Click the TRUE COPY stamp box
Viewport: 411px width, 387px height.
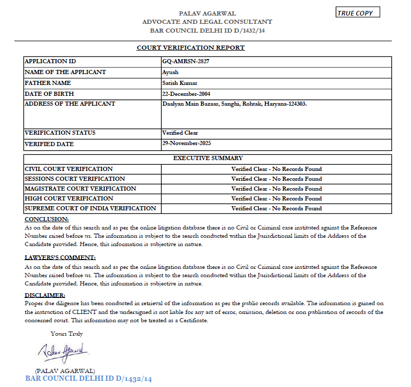coord(358,13)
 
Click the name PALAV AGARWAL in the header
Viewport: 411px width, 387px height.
coord(207,13)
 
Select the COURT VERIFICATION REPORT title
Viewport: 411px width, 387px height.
coord(191,48)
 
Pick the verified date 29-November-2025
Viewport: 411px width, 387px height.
coord(187,143)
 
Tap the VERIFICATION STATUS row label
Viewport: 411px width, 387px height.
coord(60,133)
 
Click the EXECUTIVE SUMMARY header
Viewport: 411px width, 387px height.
coord(207,159)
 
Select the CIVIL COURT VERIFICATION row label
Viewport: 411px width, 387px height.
coord(69,169)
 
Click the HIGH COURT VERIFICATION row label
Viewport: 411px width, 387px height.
coord(69,198)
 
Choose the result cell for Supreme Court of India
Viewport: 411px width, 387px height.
coord(276,208)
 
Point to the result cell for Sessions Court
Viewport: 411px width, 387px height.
coord(276,179)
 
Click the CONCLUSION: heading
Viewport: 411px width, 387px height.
coord(47,219)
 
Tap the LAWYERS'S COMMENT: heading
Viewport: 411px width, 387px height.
coord(60,257)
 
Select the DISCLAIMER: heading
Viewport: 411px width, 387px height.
coord(45,295)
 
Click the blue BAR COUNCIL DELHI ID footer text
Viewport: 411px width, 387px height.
coord(89,379)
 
